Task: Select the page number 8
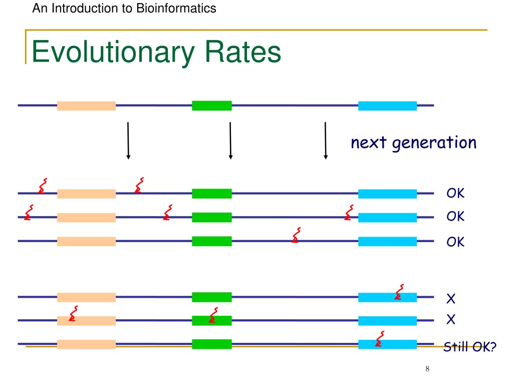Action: click(x=427, y=369)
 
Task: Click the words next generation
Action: click(x=413, y=143)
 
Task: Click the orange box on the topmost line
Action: click(x=86, y=106)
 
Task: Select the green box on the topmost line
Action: click(x=211, y=106)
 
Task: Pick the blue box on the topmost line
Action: click(x=387, y=106)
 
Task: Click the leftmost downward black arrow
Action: click(x=128, y=140)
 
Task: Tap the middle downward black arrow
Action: click(x=230, y=140)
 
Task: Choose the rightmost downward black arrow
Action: click(x=326, y=140)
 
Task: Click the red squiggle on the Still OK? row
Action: click(x=380, y=339)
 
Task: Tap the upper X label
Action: click(x=450, y=300)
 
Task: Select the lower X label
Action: click(x=450, y=319)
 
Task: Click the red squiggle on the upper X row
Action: click(x=399, y=292)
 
